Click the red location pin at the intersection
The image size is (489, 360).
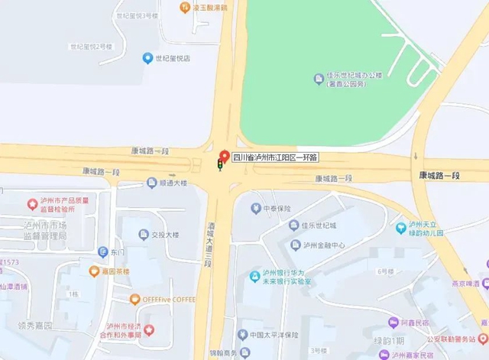pos(224,154)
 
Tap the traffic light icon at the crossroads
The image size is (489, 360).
pos(221,164)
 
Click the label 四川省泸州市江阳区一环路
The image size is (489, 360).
pos(275,157)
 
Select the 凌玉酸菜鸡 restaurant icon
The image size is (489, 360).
pos(184,8)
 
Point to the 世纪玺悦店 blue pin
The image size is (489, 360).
pos(147,58)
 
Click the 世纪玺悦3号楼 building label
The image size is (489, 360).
pos(136,15)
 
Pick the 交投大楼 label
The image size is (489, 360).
pos(164,235)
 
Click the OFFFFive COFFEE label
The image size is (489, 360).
pos(165,299)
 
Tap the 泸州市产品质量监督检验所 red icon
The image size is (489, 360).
pos(32,204)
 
